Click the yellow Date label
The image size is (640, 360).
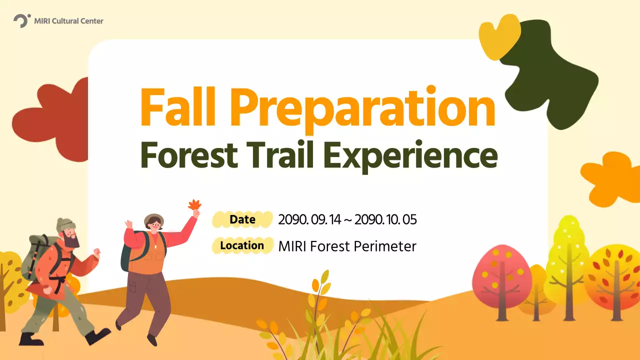pyautogui.click(x=242, y=219)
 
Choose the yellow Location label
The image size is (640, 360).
pyautogui.click(x=242, y=245)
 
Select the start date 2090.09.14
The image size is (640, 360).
pyautogui.click(x=308, y=219)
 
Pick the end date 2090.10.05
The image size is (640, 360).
pyautogui.click(x=385, y=219)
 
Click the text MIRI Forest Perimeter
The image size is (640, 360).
pyautogui.click(x=347, y=246)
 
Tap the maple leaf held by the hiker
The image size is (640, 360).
pyautogui.click(x=194, y=204)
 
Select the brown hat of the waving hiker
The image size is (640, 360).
pyautogui.click(x=153, y=219)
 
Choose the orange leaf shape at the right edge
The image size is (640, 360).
pyautogui.click(x=612, y=177)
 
